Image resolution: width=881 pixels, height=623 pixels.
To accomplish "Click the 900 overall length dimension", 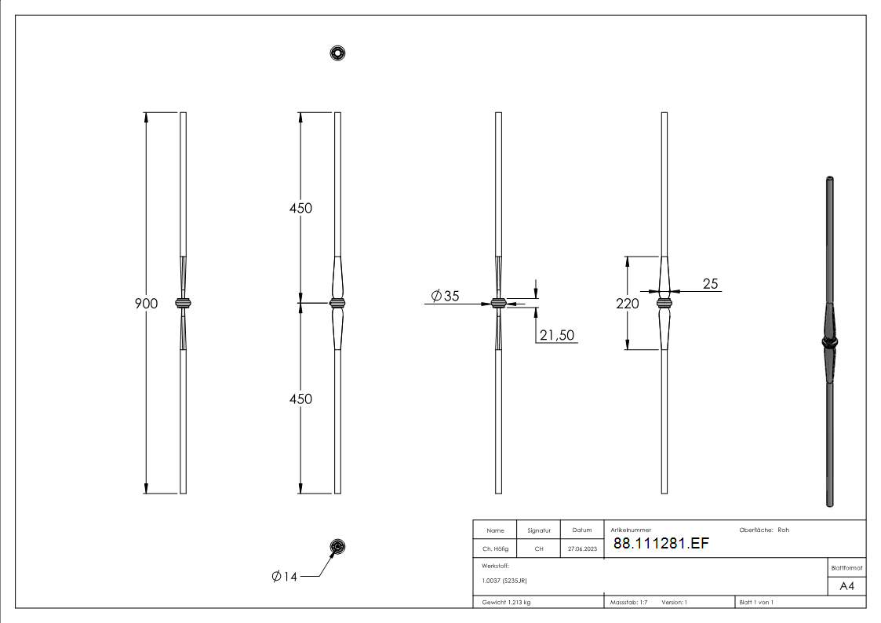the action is pyautogui.click(x=146, y=304).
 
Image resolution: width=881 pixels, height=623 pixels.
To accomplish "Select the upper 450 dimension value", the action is pyautogui.click(x=300, y=209).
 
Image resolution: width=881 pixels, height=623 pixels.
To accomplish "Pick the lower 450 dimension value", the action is pyautogui.click(x=300, y=399).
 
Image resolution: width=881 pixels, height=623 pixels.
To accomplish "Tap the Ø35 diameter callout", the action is pyautogui.click(x=445, y=296).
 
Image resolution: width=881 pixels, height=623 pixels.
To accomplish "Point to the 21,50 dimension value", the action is pyautogui.click(x=557, y=335).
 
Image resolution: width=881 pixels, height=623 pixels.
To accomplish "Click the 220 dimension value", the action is pyautogui.click(x=627, y=304).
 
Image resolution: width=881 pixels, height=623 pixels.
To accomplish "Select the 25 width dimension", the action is pyautogui.click(x=710, y=284).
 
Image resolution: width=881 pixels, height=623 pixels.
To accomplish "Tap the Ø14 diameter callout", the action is pyautogui.click(x=284, y=577).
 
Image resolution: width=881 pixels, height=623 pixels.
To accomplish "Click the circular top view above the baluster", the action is pyautogui.click(x=337, y=53).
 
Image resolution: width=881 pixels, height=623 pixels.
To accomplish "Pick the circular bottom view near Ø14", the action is pyautogui.click(x=337, y=547).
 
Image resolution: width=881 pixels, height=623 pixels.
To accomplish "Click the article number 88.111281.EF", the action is pyautogui.click(x=661, y=543).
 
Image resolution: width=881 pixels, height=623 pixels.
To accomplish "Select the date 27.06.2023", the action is pyautogui.click(x=582, y=548).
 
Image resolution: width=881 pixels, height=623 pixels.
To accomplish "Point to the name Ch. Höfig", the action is pyautogui.click(x=495, y=548).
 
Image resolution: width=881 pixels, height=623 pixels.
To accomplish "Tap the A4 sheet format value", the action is pyautogui.click(x=846, y=586).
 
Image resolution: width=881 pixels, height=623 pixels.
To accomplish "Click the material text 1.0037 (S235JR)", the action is pyautogui.click(x=504, y=581).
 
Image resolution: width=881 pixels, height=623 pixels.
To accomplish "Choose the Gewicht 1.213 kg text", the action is pyautogui.click(x=506, y=603).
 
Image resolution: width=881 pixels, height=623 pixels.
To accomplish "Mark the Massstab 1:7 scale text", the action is pyautogui.click(x=628, y=603).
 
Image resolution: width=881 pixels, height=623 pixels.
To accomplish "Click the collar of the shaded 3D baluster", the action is pyautogui.click(x=830, y=341).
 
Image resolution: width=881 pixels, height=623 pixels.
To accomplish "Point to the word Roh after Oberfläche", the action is pyautogui.click(x=783, y=530).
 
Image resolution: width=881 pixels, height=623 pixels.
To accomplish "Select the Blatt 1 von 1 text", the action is pyautogui.click(x=756, y=603).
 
